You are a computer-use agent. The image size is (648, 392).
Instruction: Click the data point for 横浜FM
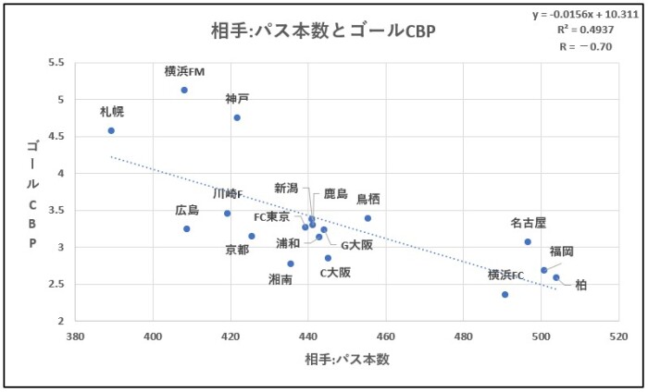[184, 90]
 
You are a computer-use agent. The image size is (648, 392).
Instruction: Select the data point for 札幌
[111, 130]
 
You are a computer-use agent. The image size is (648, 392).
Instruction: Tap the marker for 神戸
[237, 117]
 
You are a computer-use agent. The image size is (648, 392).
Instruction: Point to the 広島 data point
[187, 228]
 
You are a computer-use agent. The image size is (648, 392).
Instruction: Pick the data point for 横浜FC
[505, 294]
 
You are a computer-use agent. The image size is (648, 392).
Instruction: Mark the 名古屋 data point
[528, 241]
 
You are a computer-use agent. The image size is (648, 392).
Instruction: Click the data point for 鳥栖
[368, 218]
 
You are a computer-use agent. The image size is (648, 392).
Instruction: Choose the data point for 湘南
[291, 263]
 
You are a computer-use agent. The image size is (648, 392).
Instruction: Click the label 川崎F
[228, 194]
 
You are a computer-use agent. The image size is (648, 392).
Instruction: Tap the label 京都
[238, 250]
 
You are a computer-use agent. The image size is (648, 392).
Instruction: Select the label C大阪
[335, 272]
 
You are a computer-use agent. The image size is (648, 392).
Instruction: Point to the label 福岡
[561, 251]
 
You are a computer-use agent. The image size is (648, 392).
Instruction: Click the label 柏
[580, 286]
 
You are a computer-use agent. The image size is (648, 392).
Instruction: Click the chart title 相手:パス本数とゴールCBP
[322, 30]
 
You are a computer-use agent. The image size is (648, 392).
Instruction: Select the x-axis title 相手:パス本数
[343, 359]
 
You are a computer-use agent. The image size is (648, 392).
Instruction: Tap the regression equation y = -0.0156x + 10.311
[585, 15]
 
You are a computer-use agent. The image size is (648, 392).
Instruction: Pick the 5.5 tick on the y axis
[56, 63]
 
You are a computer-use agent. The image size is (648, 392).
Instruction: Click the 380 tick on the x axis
[75, 336]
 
